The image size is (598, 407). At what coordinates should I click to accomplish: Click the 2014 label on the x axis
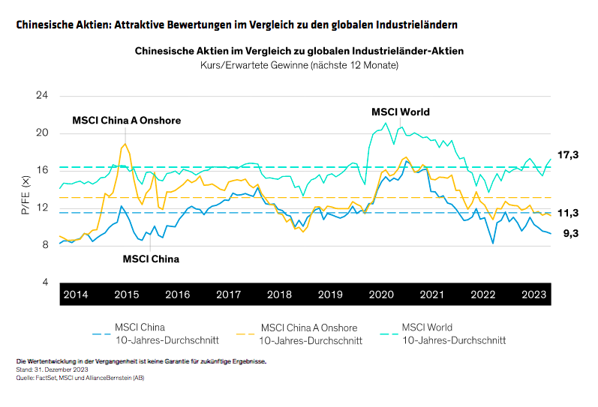76,295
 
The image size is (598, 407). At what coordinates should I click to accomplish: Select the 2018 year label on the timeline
279,295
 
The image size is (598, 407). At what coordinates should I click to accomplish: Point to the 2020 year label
381,295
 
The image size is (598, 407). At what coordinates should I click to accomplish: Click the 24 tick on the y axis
42,97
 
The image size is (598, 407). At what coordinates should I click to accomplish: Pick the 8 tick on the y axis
45,245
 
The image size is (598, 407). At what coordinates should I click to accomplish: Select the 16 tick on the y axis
42,171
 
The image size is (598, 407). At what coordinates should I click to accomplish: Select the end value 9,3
570,234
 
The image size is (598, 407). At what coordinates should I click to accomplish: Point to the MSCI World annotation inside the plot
401,112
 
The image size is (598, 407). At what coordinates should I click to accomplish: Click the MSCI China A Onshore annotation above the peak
126,120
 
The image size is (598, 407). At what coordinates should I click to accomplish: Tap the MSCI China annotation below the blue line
151,259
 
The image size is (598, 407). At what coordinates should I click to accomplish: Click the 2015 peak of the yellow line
125,144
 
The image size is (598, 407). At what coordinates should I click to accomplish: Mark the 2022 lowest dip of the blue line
493,244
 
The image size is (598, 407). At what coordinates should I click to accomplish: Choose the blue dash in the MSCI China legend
100,334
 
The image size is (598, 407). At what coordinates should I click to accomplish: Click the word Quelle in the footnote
25,379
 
